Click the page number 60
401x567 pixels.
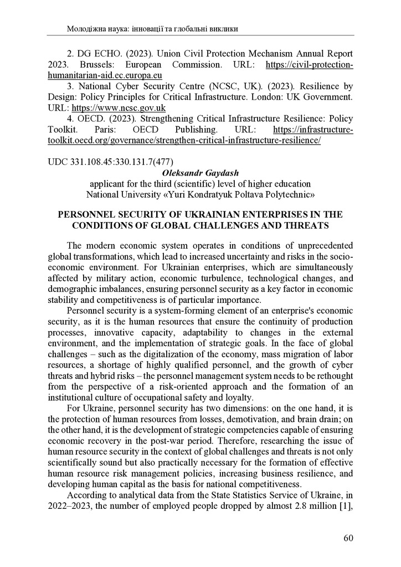pos(347,538)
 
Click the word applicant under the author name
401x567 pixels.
pos(107,184)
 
